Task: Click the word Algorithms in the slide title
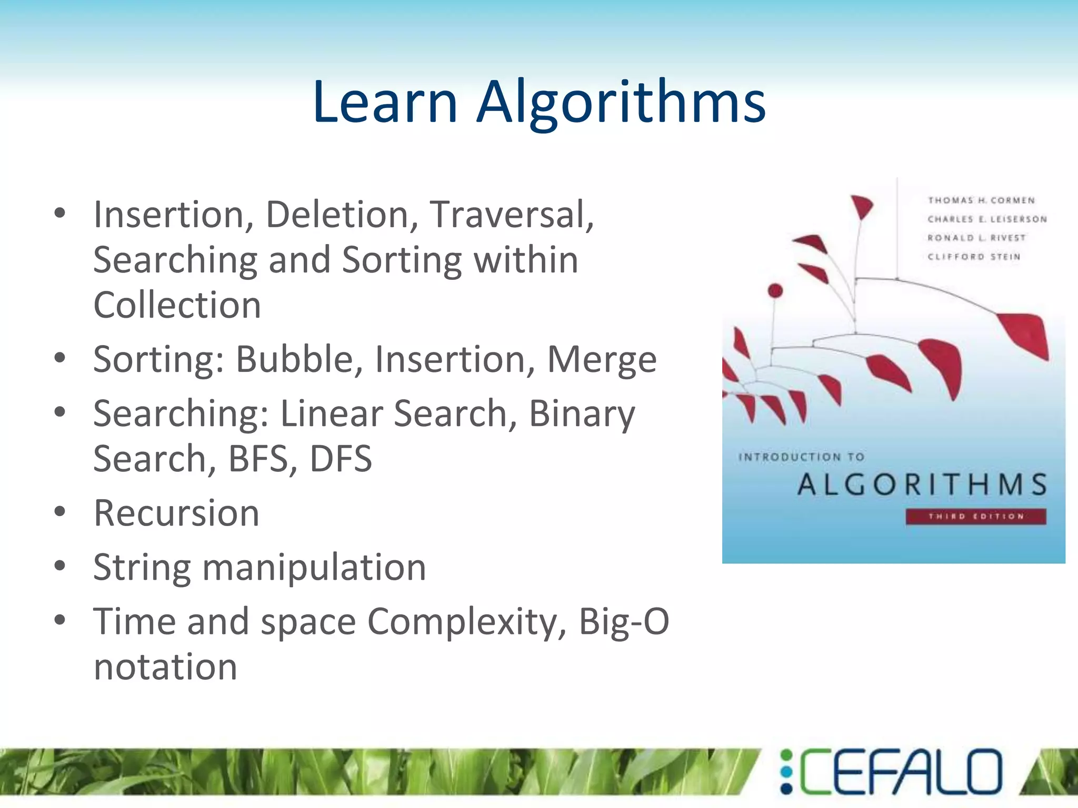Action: [x=621, y=103]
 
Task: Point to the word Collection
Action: [x=177, y=305]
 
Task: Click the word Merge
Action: [x=602, y=359]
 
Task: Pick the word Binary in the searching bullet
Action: [x=582, y=414]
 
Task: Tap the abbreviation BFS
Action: [x=258, y=459]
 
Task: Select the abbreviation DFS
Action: [x=341, y=459]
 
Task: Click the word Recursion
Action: [x=176, y=513]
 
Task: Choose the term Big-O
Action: [x=624, y=622]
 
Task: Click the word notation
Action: [x=165, y=667]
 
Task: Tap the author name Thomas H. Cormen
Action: [x=981, y=200]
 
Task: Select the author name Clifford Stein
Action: [x=974, y=257]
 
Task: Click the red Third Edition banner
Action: [x=975, y=517]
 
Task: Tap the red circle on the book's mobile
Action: [x=775, y=290]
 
